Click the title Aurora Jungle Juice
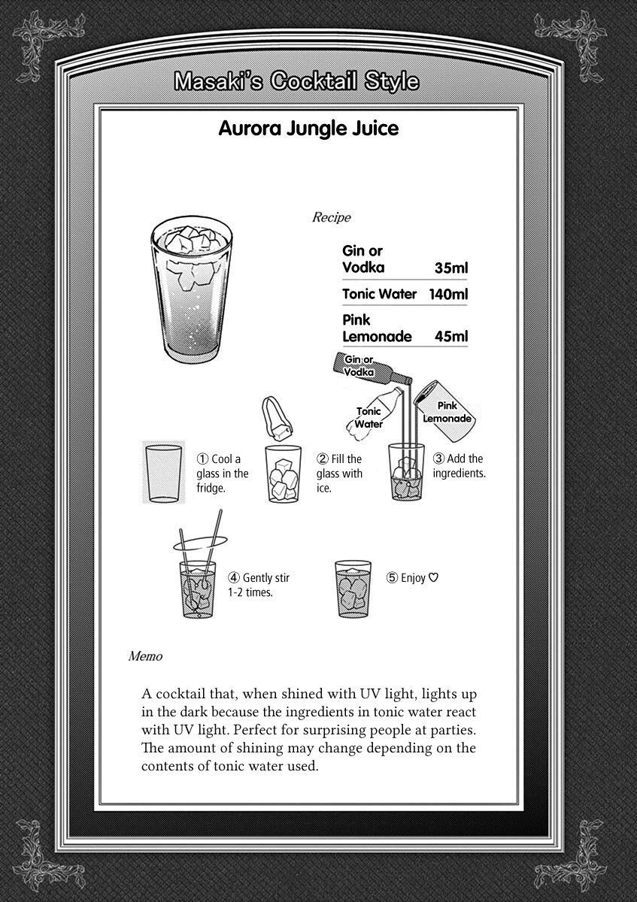click(x=308, y=129)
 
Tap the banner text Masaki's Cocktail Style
click(x=296, y=81)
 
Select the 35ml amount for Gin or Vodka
click(x=451, y=268)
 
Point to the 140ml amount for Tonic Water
click(x=447, y=294)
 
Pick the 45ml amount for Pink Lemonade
click(x=451, y=337)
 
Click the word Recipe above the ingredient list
click(x=331, y=218)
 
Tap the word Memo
click(x=145, y=656)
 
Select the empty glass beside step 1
click(x=162, y=473)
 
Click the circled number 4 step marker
click(x=234, y=578)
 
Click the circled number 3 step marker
click(x=438, y=459)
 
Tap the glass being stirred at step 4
click(x=199, y=590)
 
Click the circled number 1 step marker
click(x=202, y=459)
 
